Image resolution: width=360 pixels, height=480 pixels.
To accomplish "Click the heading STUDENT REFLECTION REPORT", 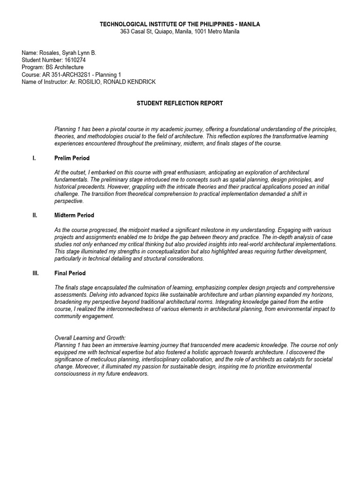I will tap(180, 103).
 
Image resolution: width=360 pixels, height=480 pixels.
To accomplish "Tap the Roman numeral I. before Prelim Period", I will tap(34, 158).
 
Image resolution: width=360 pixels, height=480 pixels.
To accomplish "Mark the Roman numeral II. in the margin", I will tap(35, 215).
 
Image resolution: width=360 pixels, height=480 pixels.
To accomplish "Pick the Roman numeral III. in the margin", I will tap(36, 273).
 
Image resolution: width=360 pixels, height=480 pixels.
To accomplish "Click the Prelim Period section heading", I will tap(72, 158).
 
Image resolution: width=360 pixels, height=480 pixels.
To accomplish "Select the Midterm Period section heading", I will tap(74, 215).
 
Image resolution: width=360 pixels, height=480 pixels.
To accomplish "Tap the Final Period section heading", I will tap(70, 273).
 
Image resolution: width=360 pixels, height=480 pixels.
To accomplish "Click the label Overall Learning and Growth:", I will tap(90, 337).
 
